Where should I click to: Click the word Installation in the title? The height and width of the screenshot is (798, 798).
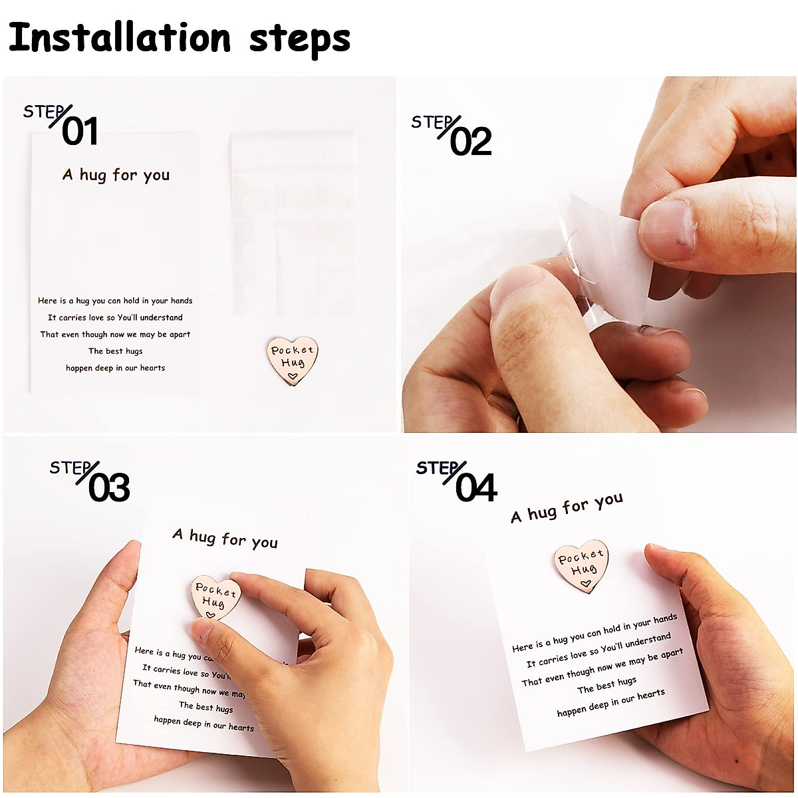pyautogui.click(x=120, y=39)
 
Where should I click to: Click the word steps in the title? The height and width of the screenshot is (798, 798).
pyautogui.click(x=299, y=40)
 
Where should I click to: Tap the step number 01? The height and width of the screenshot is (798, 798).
pyautogui.click(x=80, y=131)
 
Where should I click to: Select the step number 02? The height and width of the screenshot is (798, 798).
pyautogui.click(x=470, y=142)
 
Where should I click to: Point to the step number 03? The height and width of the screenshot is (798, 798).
pyautogui.click(x=108, y=488)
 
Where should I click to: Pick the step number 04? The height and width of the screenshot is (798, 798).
pyautogui.click(x=476, y=488)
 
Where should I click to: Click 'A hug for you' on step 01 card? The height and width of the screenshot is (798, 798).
pyautogui.click(x=116, y=175)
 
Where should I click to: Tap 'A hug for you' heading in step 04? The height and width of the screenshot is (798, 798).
pyautogui.click(x=567, y=507)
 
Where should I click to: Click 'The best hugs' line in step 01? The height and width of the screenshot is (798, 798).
pyautogui.click(x=116, y=351)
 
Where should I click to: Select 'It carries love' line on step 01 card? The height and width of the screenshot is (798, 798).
pyautogui.click(x=115, y=318)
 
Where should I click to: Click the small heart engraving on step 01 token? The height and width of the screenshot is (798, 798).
pyautogui.click(x=291, y=376)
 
